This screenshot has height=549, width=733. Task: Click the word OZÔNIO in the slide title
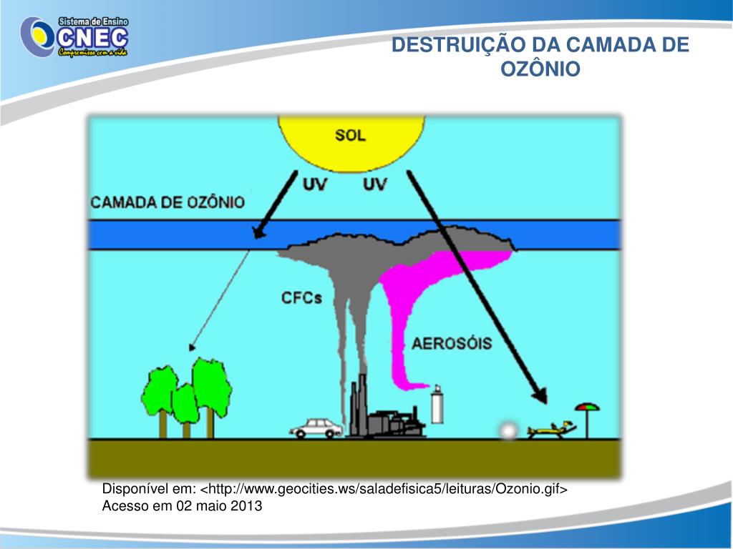click(x=540, y=69)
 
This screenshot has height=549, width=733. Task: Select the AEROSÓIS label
click(x=452, y=344)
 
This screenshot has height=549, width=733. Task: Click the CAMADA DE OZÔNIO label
click(x=168, y=202)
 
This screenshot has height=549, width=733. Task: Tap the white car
click(x=315, y=427)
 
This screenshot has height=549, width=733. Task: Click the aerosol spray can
click(x=435, y=406)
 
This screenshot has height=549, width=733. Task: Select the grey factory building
click(x=390, y=422)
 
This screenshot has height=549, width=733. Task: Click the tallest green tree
click(x=211, y=386)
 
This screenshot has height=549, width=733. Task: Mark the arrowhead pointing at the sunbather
click(x=539, y=396)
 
